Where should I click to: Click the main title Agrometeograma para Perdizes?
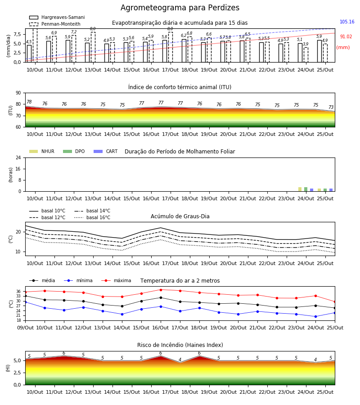coord(180,8)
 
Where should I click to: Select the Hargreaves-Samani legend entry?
coord(57,17)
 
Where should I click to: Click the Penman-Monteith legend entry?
coord(55,24)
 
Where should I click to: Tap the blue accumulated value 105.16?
coord(347,22)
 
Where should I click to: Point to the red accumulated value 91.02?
coord(346,37)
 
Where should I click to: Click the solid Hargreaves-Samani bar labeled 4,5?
coord(29,54)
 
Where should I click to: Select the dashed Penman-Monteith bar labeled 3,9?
coord(306,55)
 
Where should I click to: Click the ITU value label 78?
coord(29,102)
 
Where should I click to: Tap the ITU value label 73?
coord(331,107)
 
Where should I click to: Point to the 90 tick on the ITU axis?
coord(18,93)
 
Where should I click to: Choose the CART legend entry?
coord(106,151)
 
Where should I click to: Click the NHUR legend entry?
coord(42,151)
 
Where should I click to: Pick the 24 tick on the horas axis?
coord(18,157)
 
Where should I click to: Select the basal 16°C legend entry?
coord(92,217)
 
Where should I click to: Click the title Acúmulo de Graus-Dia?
coord(180,216)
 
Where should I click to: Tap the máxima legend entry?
coord(116,280)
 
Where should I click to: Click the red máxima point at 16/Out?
coord(161,290)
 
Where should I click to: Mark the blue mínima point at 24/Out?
coord(315,316)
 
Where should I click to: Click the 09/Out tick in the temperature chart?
coord(25,328)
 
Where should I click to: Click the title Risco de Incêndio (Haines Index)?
coord(180,345)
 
